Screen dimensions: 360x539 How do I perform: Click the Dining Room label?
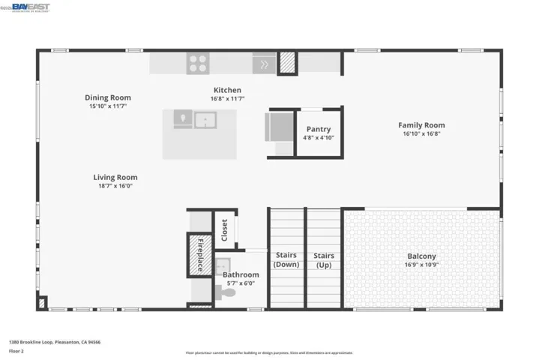108,97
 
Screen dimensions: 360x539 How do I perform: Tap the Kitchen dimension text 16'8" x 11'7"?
227,99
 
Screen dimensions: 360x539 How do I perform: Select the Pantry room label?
319,129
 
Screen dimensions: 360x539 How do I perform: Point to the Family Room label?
421,125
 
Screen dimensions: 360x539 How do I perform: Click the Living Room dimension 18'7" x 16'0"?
115,186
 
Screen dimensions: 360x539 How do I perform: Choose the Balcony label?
421,256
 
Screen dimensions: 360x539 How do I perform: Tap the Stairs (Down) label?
286,259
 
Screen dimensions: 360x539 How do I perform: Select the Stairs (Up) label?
324,259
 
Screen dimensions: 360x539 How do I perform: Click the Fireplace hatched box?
199,255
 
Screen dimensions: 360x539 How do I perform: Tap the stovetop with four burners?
198,63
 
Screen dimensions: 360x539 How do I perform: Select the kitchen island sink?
205,119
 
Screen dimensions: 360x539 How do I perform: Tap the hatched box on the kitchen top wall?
288,63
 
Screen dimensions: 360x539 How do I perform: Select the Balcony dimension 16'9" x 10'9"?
421,265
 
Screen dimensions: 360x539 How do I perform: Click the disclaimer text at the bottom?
269,352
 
